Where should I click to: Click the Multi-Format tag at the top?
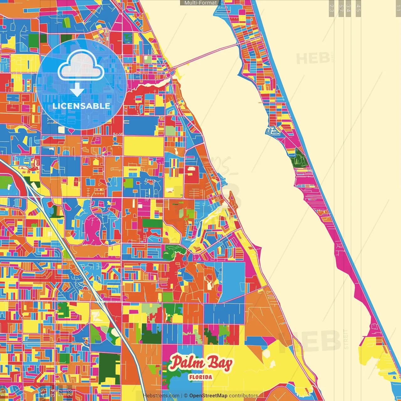coord(200,3)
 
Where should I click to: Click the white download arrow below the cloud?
coord(77,90)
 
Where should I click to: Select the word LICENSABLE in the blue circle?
coord(81,106)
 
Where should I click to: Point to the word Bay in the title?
coord(221,363)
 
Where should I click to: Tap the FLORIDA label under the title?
coord(200,377)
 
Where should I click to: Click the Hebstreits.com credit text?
coord(161,396)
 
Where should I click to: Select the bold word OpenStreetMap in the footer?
coord(208,396)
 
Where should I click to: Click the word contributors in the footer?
coord(243,396)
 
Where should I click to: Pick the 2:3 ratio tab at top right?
coord(331,8)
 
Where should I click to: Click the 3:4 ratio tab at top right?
coord(348,8)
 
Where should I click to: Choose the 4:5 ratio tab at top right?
coord(358,8)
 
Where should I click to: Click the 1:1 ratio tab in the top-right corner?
coord(398,8)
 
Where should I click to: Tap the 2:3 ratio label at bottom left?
coord(70,393)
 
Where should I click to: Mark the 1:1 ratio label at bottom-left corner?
coord(3,393)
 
